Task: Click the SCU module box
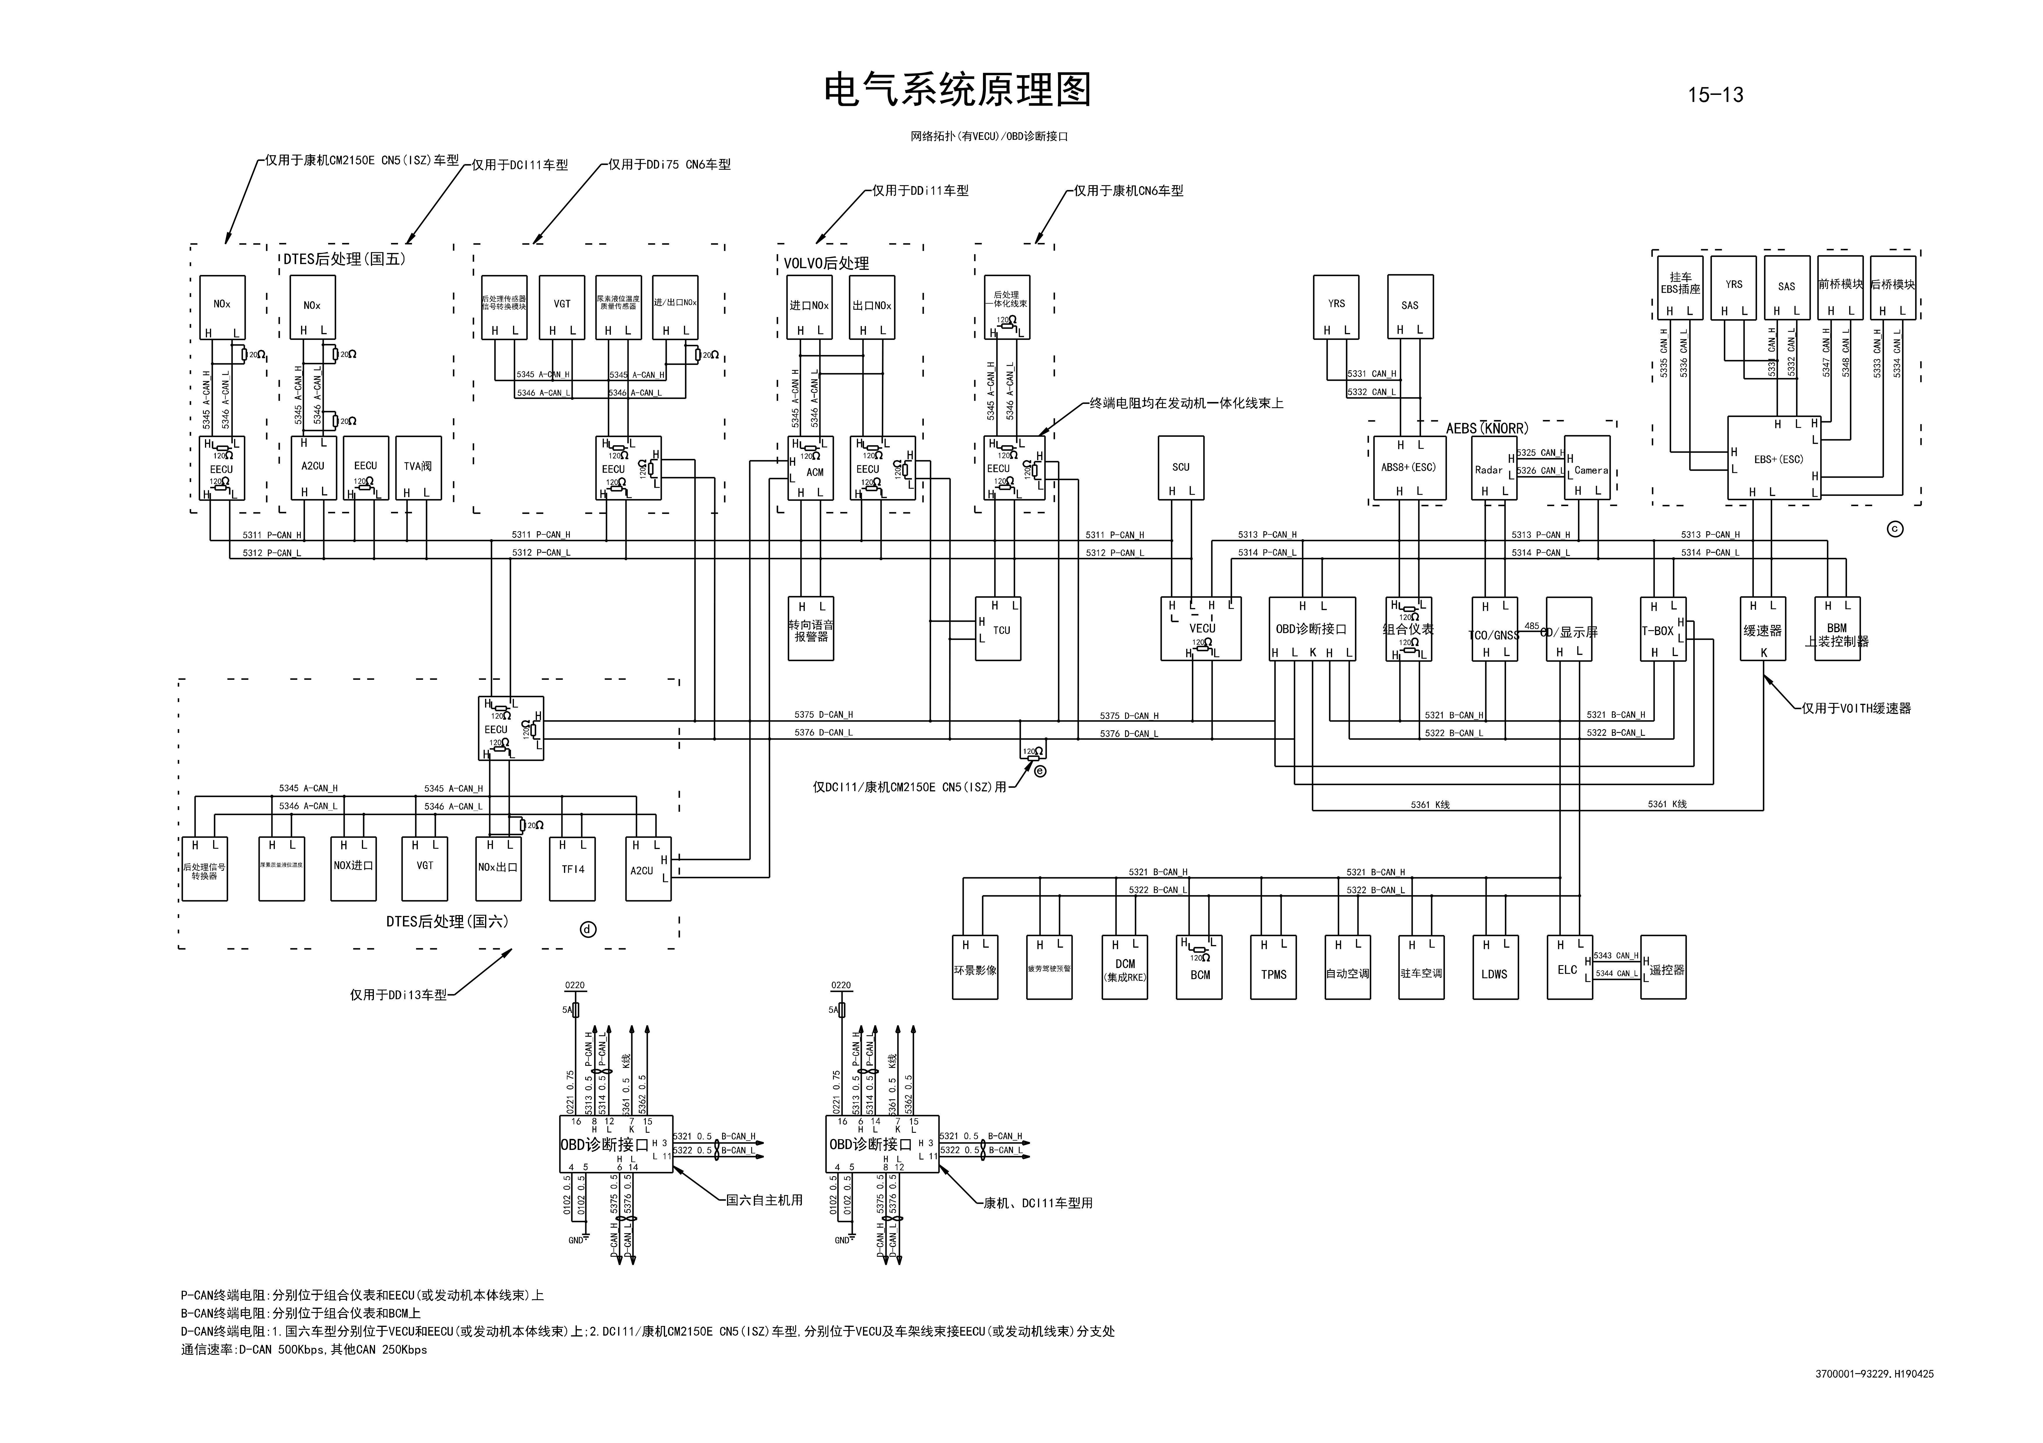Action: point(1181,467)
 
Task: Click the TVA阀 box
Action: point(418,467)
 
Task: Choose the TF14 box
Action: point(572,869)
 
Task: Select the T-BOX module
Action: point(1660,629)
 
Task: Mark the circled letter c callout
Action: point(1895,529)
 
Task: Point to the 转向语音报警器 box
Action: point(811,629)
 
